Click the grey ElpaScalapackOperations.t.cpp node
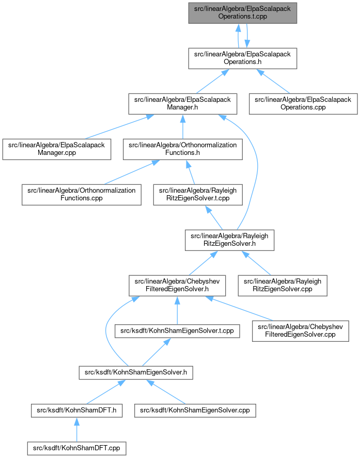click(x=243, y=13)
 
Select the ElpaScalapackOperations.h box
click(x=243, y=58)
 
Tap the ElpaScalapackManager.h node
click(x=183, y=104)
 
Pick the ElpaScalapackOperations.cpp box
click(x=303, y=104)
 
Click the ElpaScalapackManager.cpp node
click(x=57, y=149)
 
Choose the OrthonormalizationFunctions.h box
click(x=183, y=149)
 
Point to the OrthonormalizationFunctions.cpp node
click(x=82, y=195)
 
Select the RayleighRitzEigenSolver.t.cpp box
click(x=198, y=195)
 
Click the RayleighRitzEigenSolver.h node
click(x=229, y=240)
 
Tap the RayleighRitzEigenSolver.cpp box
click(x=283, y=286)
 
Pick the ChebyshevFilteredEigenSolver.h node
click(x=177, y=286)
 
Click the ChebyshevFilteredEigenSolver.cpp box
click(x=301, y=331)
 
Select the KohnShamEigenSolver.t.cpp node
click(x=177, y=331)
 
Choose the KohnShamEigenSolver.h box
click(x=136, y=372)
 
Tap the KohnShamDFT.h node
click(x=76, y=410)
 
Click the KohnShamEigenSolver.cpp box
click(x=195, y=410)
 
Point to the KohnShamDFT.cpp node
click(x=76, y=448)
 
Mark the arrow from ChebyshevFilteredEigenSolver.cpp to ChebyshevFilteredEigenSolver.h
click(x=239, y=308)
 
